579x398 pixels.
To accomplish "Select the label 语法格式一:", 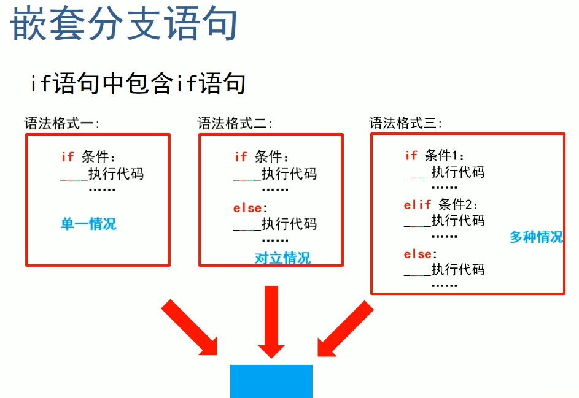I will click(61, 123).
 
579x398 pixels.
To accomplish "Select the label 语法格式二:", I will click(235, 123).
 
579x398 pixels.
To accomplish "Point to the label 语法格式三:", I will click(405, 123).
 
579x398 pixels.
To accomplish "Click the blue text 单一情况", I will click(88, 224).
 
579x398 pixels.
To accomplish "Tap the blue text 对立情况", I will click(282, 258).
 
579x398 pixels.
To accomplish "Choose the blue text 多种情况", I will click(536, 237).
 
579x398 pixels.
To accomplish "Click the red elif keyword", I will click(418, 205).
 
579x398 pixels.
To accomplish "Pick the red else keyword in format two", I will click(247, 209).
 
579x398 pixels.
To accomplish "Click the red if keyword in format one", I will click(68, 157).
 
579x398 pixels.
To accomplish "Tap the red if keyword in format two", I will click(241, 157).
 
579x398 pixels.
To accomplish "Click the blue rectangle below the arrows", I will click(271, 381).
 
